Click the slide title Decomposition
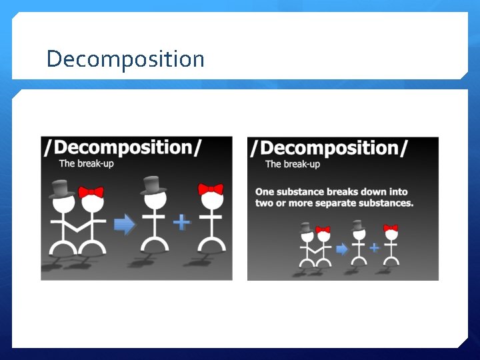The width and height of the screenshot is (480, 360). (125, 59)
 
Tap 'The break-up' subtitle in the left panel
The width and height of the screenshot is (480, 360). (87, 163)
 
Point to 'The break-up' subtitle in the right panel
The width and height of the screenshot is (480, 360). (293, 164)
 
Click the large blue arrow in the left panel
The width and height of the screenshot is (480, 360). (125, 225)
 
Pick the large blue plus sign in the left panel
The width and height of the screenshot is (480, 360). (181, 221)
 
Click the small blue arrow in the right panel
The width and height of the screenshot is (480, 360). (342, 249)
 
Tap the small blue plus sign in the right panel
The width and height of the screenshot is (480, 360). (374, 247)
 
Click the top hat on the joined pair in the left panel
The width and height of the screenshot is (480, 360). (61, 189)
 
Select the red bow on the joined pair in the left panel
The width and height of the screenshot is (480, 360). (91, 193)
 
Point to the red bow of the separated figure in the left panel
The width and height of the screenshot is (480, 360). (211, 189)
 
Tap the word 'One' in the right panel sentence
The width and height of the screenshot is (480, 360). (264, 192)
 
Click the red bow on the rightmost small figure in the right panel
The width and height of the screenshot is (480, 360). (391, 229)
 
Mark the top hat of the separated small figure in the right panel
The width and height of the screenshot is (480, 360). (358, 225)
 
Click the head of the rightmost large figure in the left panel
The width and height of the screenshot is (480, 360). (211, 201)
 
